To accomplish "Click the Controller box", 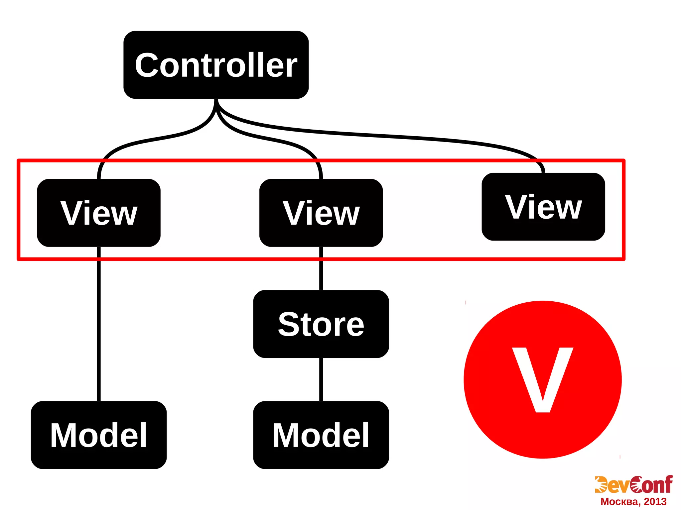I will point(216,65).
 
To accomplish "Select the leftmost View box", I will point(99,213).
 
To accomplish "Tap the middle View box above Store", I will point(321,213).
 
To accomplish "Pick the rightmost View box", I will point(543,207).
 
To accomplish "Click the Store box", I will point(321,324).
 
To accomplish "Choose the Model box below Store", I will point(321,435).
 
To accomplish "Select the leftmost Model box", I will point(99,435).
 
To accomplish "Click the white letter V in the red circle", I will point(542,379).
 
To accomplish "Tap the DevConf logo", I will point(633,485).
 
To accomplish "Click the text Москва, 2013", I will point(633,502).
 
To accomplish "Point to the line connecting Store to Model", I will point(321,379).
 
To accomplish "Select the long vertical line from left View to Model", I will point(99,324).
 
